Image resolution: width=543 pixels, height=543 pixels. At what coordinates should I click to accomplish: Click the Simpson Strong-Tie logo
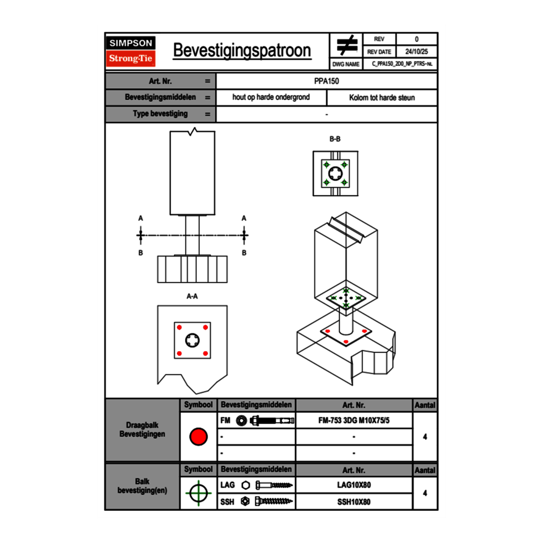tap(131, 51)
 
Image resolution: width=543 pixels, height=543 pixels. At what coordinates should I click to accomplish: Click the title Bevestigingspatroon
tap(242, 51)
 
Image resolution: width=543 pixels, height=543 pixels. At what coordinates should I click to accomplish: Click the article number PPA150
tap(326, 81)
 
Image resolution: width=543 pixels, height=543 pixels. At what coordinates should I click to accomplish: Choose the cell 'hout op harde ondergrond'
tap(271, 97)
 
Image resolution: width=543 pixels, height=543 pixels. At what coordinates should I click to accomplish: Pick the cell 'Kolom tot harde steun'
tap(382, 97)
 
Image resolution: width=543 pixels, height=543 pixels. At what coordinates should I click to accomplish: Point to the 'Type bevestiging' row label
tap(160, 114)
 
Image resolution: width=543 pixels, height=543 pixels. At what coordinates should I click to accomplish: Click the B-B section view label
tap(335, 139)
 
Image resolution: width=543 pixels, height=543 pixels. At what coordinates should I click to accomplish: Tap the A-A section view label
tap(193, 296)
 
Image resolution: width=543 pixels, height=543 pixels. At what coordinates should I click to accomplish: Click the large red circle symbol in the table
tap(198, 437)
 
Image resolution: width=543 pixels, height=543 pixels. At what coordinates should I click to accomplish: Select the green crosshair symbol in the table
tap(197, 493)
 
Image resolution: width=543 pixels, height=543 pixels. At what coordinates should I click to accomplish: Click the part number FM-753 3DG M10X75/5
tap(354, 420)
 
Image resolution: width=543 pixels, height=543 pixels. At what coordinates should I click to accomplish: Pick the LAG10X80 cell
tap(354, 485)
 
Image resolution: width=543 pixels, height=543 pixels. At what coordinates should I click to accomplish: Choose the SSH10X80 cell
tap(354, 502)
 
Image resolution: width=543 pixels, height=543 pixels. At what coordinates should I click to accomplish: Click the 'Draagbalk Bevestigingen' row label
tap(143, 429)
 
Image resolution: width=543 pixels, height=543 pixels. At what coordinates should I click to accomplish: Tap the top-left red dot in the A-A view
tap(180, 327)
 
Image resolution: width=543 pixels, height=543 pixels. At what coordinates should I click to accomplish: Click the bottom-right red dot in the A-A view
tap(206, 354)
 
